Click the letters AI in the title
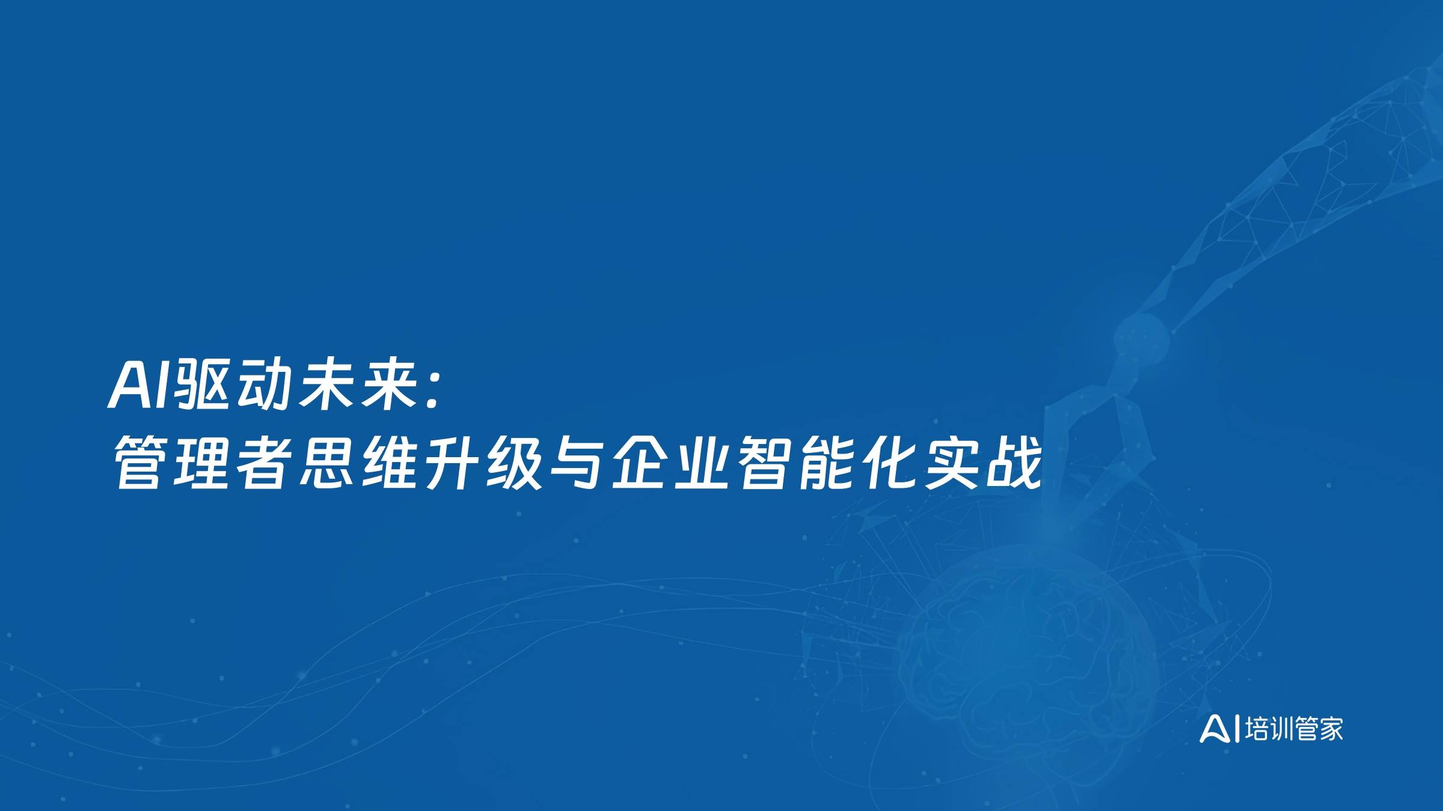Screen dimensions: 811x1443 pos(139,386)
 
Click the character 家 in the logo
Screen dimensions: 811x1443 pos(1330,729)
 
